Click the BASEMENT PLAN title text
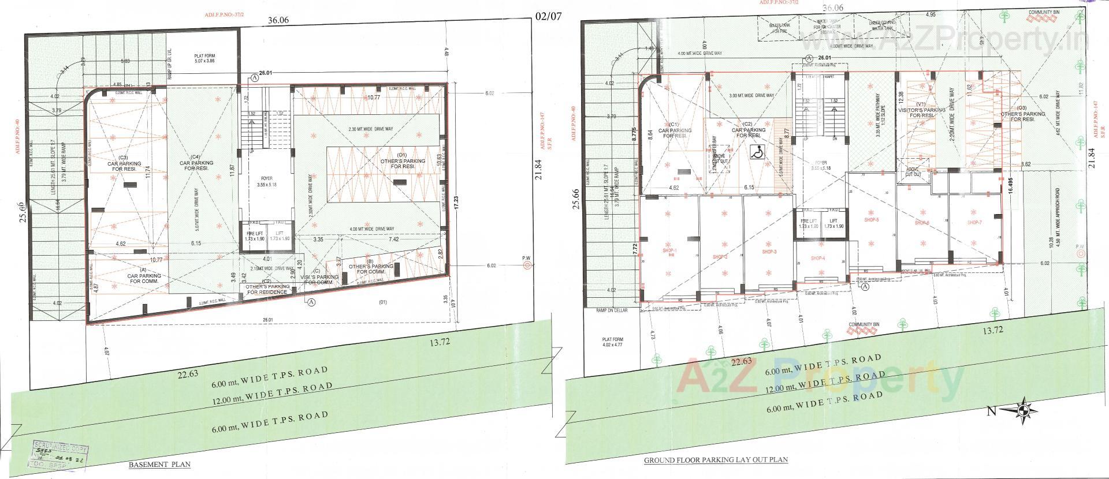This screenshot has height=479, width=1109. pos(159,464)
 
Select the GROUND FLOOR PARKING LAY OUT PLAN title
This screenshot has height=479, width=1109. pos(716,460)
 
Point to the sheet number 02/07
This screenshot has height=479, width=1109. pos(548,16)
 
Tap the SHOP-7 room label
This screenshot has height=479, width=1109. pos(974,222)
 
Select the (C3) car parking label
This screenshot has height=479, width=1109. pos(121,164)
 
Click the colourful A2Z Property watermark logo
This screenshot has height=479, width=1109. pos(820,379)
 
